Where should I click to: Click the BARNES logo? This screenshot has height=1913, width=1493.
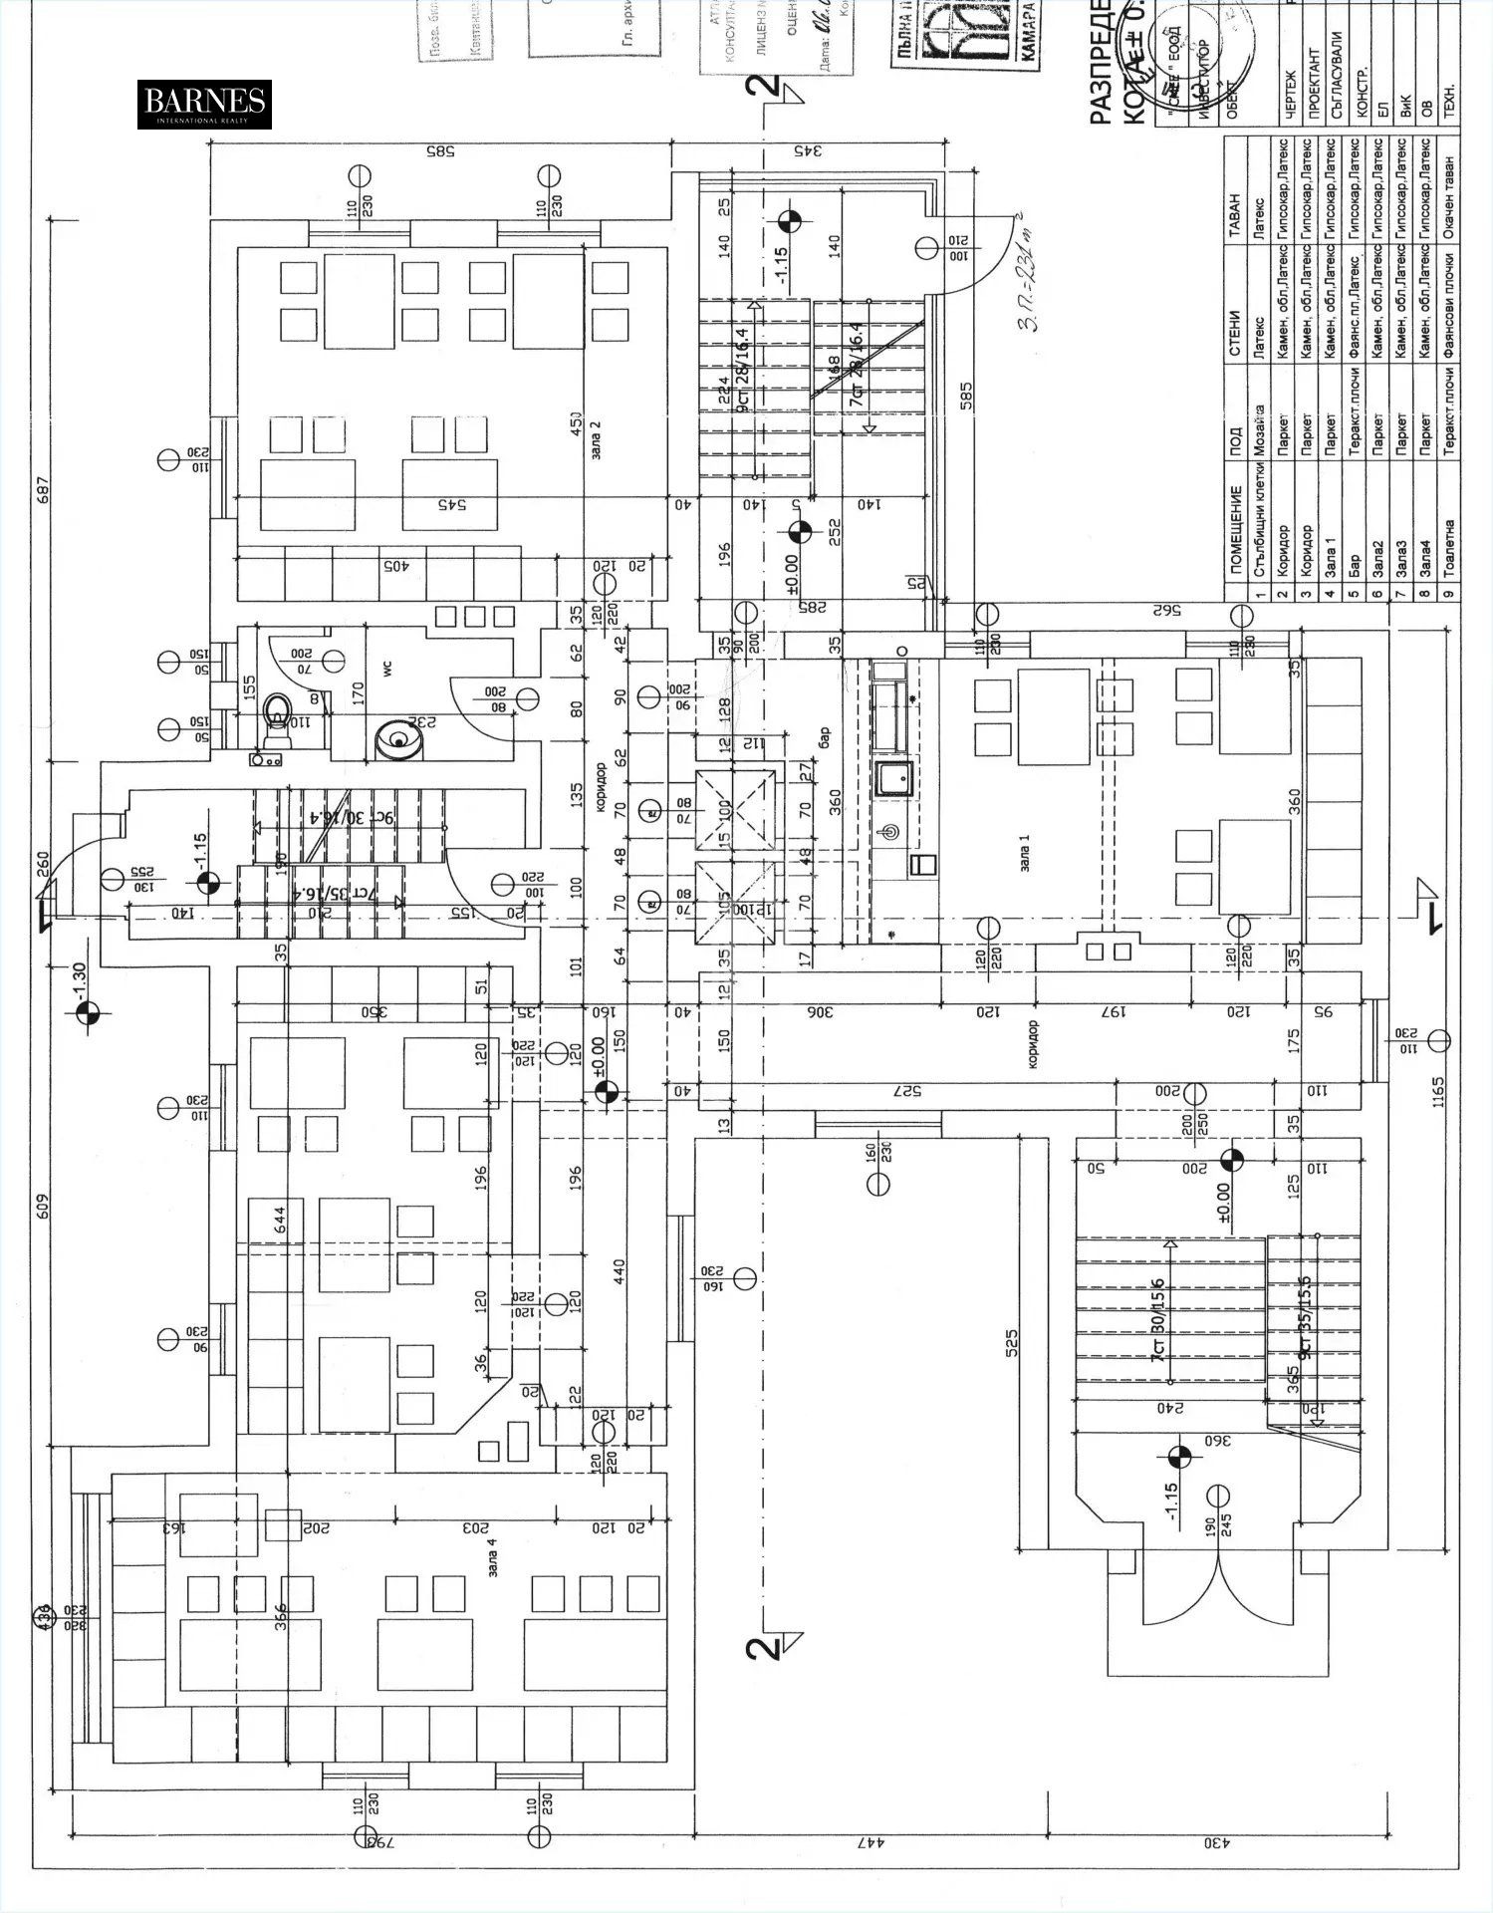(x=204, y=104)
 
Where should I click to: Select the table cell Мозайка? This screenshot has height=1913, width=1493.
(x=1259, y=431)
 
